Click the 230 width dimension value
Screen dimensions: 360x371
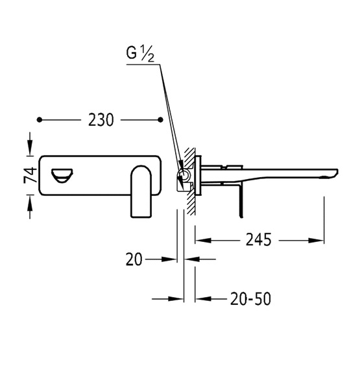coord(101,120)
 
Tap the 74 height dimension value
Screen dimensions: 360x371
coord(30,175)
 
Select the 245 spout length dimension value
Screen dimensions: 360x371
coord(258,240)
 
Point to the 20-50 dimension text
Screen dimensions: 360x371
coord(251,299)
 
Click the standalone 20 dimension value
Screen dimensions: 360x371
coord(134,259)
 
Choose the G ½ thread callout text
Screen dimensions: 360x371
coord(140,54)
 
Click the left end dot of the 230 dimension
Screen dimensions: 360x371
coord(40,120)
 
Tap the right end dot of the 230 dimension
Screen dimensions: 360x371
coord(160,120)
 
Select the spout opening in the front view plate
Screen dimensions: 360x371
coord(62,176)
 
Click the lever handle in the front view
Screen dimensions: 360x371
coord(141,191)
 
